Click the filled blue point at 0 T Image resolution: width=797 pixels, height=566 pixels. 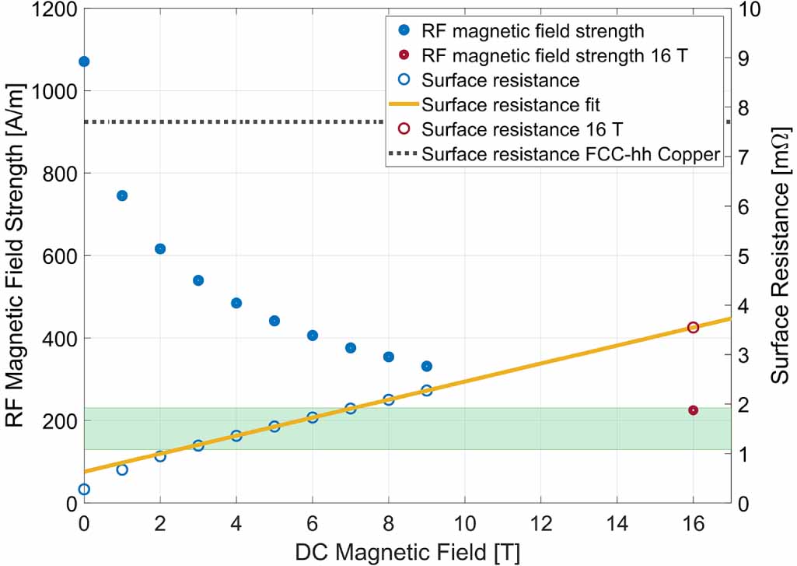click(84, 62)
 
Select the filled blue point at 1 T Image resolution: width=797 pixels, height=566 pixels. click(122, 195)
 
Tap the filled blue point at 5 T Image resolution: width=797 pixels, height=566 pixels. click(274, 321)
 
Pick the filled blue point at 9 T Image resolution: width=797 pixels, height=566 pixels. click(427, 366)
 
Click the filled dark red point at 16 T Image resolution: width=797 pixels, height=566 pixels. click(694, 410)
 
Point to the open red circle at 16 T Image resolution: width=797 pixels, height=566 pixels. click(694, 328)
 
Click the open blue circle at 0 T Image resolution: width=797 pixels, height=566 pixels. click(84, 489)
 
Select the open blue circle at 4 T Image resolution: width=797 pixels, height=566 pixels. click(236, 436)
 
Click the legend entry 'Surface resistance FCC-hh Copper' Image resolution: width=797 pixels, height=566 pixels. click(571, 154)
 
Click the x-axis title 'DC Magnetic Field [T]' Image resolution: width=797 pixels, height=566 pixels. click(407, 551)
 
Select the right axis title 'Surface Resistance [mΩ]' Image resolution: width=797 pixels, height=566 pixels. click(779, 257)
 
